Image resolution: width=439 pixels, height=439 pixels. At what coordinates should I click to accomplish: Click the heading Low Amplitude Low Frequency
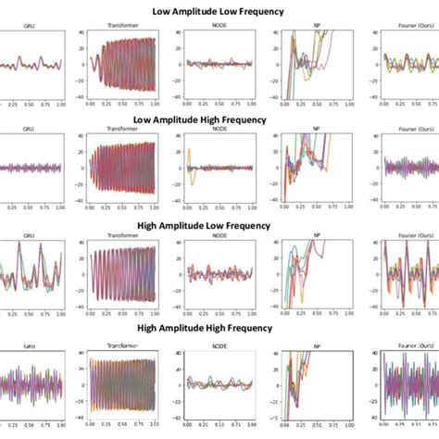click(219, 12)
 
